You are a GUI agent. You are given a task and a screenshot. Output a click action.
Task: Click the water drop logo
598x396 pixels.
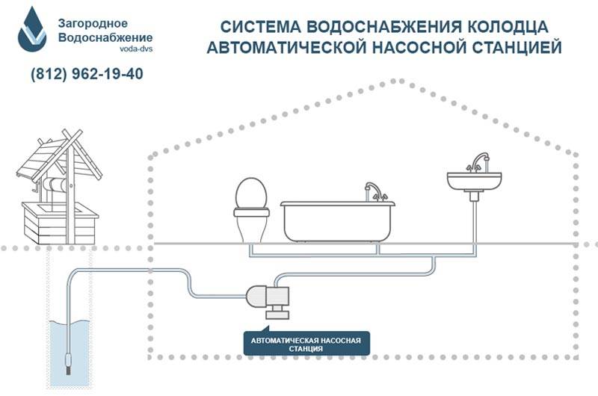coord(32,31)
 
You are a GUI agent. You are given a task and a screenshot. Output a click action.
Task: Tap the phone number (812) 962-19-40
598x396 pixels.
coord(87,73)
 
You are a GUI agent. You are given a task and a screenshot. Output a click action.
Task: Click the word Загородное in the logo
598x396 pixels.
coord(93,24)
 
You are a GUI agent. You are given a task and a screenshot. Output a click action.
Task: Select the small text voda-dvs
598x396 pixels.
coord(136,49)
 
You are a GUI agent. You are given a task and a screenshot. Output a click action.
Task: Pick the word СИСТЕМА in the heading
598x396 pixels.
coord(260,27)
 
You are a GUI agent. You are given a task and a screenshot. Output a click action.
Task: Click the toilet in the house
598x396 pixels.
coord(251,210)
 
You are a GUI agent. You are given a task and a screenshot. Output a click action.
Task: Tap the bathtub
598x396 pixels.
coord(338,221)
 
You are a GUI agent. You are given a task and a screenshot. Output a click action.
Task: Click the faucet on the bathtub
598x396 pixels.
coord(375,191)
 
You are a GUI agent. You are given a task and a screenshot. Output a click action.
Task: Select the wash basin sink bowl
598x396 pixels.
coord(474,182)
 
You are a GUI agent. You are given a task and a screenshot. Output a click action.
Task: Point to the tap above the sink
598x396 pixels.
coord(478,163)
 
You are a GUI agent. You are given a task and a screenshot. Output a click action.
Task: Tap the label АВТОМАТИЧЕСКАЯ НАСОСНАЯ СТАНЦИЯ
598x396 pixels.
coord(306,344)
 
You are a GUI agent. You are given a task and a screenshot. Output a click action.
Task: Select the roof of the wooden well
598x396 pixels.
coord(58,156)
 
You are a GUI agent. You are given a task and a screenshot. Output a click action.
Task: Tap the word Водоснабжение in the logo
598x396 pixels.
coord(105,38)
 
